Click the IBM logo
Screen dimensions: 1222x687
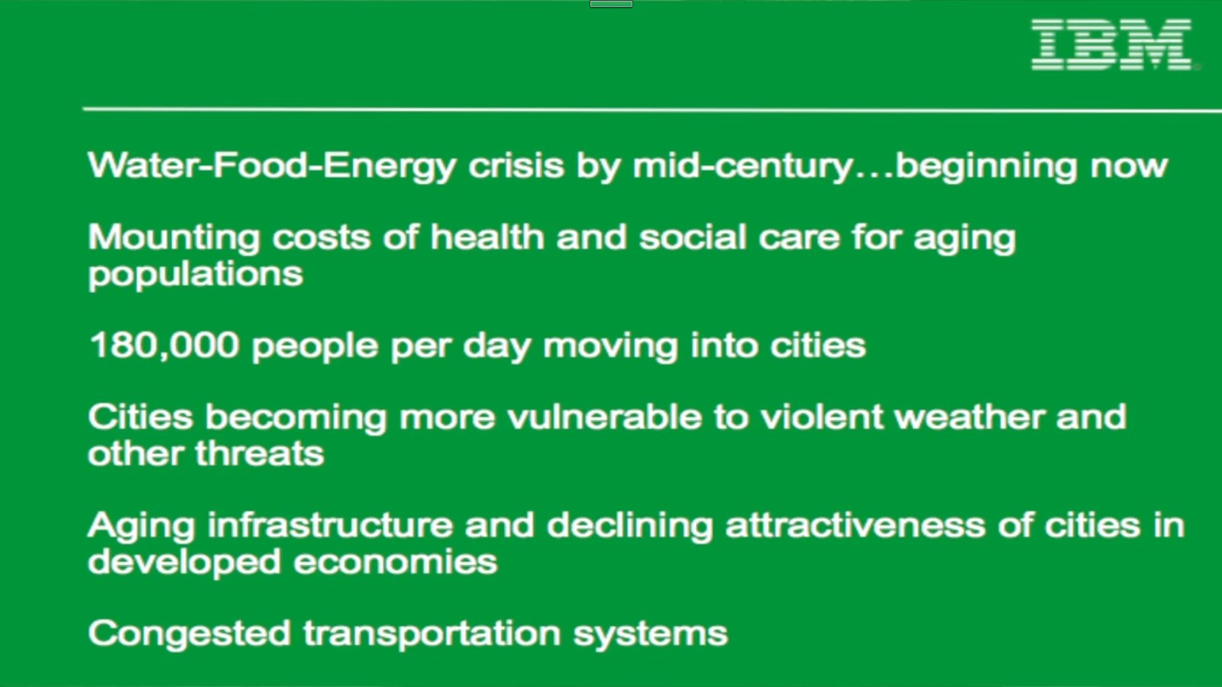(1111, 45)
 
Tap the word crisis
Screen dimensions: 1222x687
(516, 165)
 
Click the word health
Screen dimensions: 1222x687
(487, 237)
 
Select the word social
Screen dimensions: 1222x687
(692, 237)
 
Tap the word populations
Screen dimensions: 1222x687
(196, 275)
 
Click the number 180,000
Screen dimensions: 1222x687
(164, 346)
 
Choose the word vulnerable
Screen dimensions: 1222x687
(604, 417)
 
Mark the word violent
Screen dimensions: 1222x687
(821, 417)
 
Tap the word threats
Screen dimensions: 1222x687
(260, 453)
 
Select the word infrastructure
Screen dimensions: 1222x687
(330, 525)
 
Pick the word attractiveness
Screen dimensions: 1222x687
(855, 525)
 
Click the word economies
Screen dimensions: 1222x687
(396, 562)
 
